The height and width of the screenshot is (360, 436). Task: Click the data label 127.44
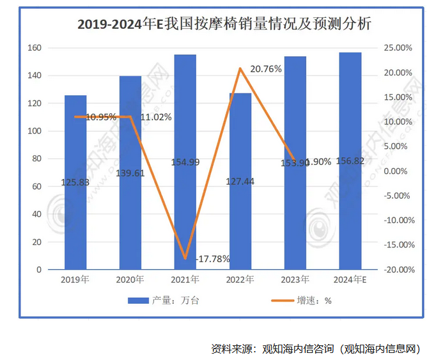(x=240, y=182)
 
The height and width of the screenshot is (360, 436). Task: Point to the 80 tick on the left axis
(x=36, y=159)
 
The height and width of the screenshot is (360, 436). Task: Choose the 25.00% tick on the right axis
(x=396, y=48)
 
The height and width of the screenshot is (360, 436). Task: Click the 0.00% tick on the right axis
(x=397, y=171)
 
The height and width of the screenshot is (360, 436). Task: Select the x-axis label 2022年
(x=240, y=280)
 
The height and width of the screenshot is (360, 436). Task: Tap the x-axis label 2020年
(x=130, y=280)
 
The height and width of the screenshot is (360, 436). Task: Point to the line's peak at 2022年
(x=240, y=68)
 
